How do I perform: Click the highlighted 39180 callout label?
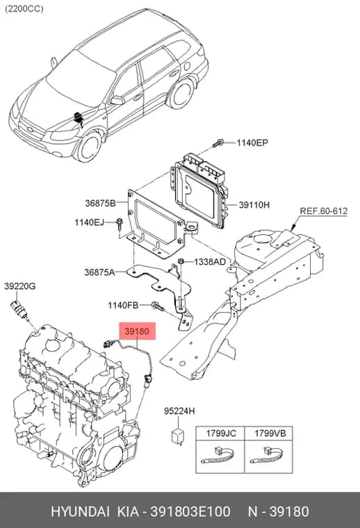coord(137,331)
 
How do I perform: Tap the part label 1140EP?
coord(252,143)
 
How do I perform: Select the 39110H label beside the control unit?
coord(254,204)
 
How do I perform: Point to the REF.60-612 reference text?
coord(324,211)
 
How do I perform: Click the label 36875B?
coord(100,203)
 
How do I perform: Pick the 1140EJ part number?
coord(89,222)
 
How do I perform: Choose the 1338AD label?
coord(210,261)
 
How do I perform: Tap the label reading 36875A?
coord(99,272)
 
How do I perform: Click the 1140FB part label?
coord(123,306)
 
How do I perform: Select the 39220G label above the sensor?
coord(20,286)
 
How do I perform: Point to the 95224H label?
coord(179,411)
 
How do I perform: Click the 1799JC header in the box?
coord(221,433)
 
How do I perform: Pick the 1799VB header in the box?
coord(270,433)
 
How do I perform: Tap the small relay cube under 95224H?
coord(179,436)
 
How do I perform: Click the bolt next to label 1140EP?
coord(218,143)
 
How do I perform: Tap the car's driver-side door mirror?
coord(117,100)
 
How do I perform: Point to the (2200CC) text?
coord(24,9)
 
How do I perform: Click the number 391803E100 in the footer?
coord(190,511)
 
